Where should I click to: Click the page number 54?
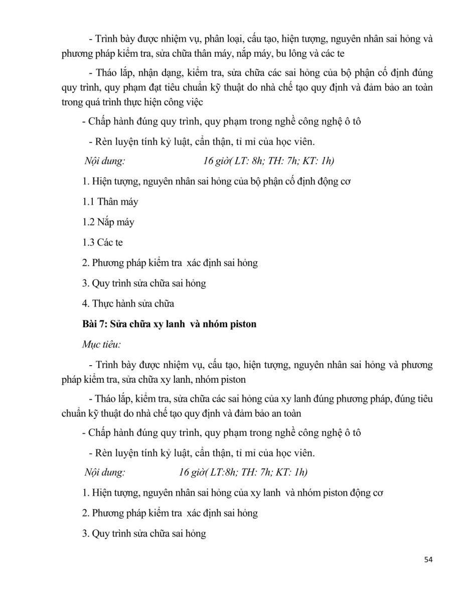427,559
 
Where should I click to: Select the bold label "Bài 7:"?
94,324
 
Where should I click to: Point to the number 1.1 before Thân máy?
88,202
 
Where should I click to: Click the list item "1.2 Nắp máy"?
108,222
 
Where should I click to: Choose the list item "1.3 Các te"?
103,242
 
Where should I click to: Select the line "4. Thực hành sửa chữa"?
128,304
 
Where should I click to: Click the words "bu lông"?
284,52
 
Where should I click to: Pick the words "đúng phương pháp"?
345,399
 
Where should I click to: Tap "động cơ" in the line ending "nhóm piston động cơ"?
367,493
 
